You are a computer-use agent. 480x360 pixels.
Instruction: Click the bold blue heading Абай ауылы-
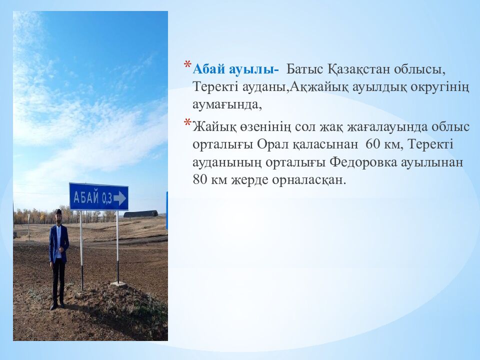coord(236,68)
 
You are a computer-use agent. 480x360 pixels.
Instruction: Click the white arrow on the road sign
coord(120,198)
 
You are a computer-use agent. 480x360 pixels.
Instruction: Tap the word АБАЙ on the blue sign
coord(86,196)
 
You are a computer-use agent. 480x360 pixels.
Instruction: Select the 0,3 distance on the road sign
coord(106,198)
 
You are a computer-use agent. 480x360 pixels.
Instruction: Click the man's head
coord(58,215)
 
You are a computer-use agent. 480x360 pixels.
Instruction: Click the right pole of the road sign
coord(117,245)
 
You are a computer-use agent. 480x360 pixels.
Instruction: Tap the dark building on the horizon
coord(141,214)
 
